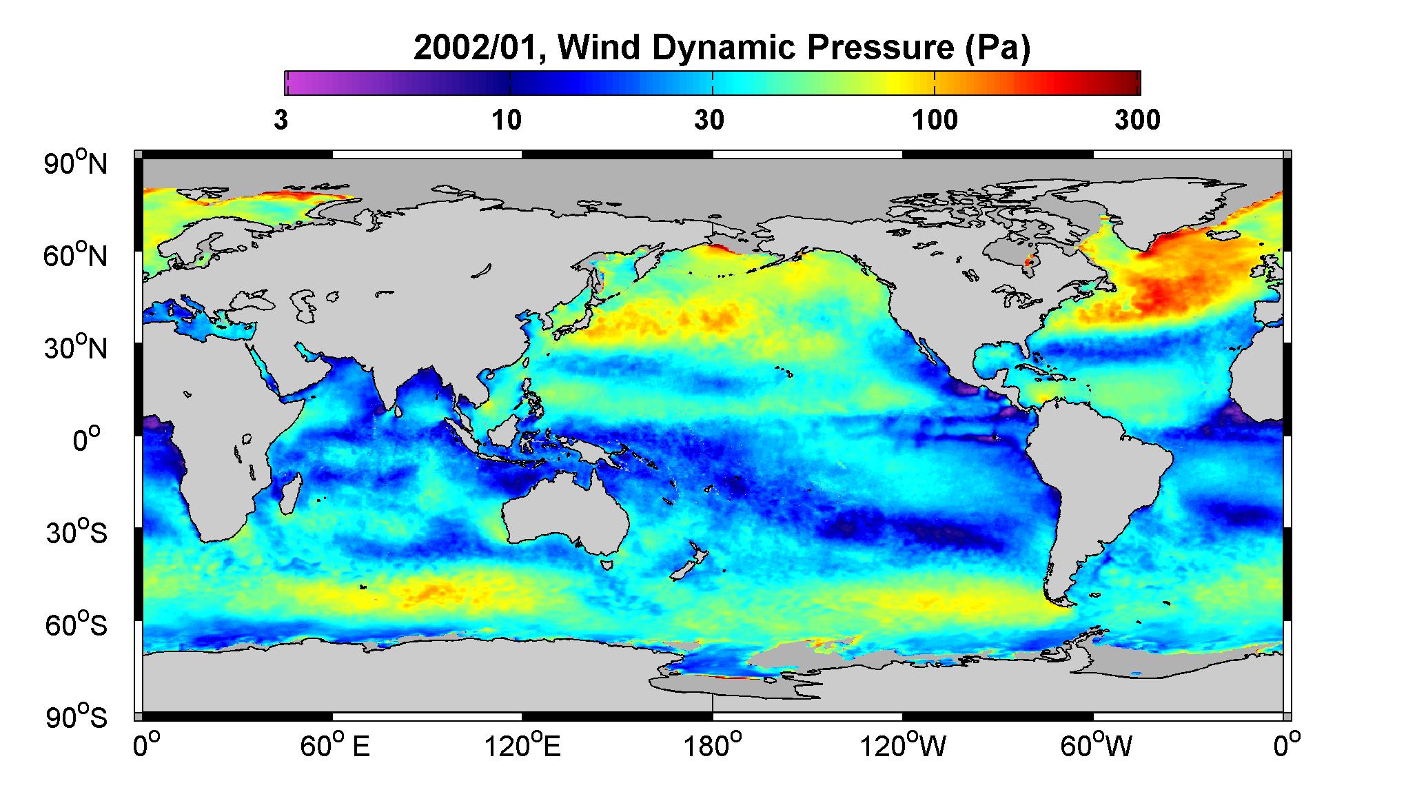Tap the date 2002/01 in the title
[x=480, y=48]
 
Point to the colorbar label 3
[x=281, y=121]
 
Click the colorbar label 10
[x=507, y=121]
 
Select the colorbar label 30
[x=710, y=121]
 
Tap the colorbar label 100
[x=935, y=121]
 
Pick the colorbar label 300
[x=1137, y=121]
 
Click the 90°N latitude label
[x=76, y=163]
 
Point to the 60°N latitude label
[x=76, y=256]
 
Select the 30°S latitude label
[x=76, y=533]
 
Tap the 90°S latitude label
[x=76, y=717]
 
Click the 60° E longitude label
[x=334, y=747]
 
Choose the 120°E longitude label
[x=522, y=747]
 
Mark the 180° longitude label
[x=712, y=747]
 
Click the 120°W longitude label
[x=904, y=747]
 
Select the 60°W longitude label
[x=1094, y=747]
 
